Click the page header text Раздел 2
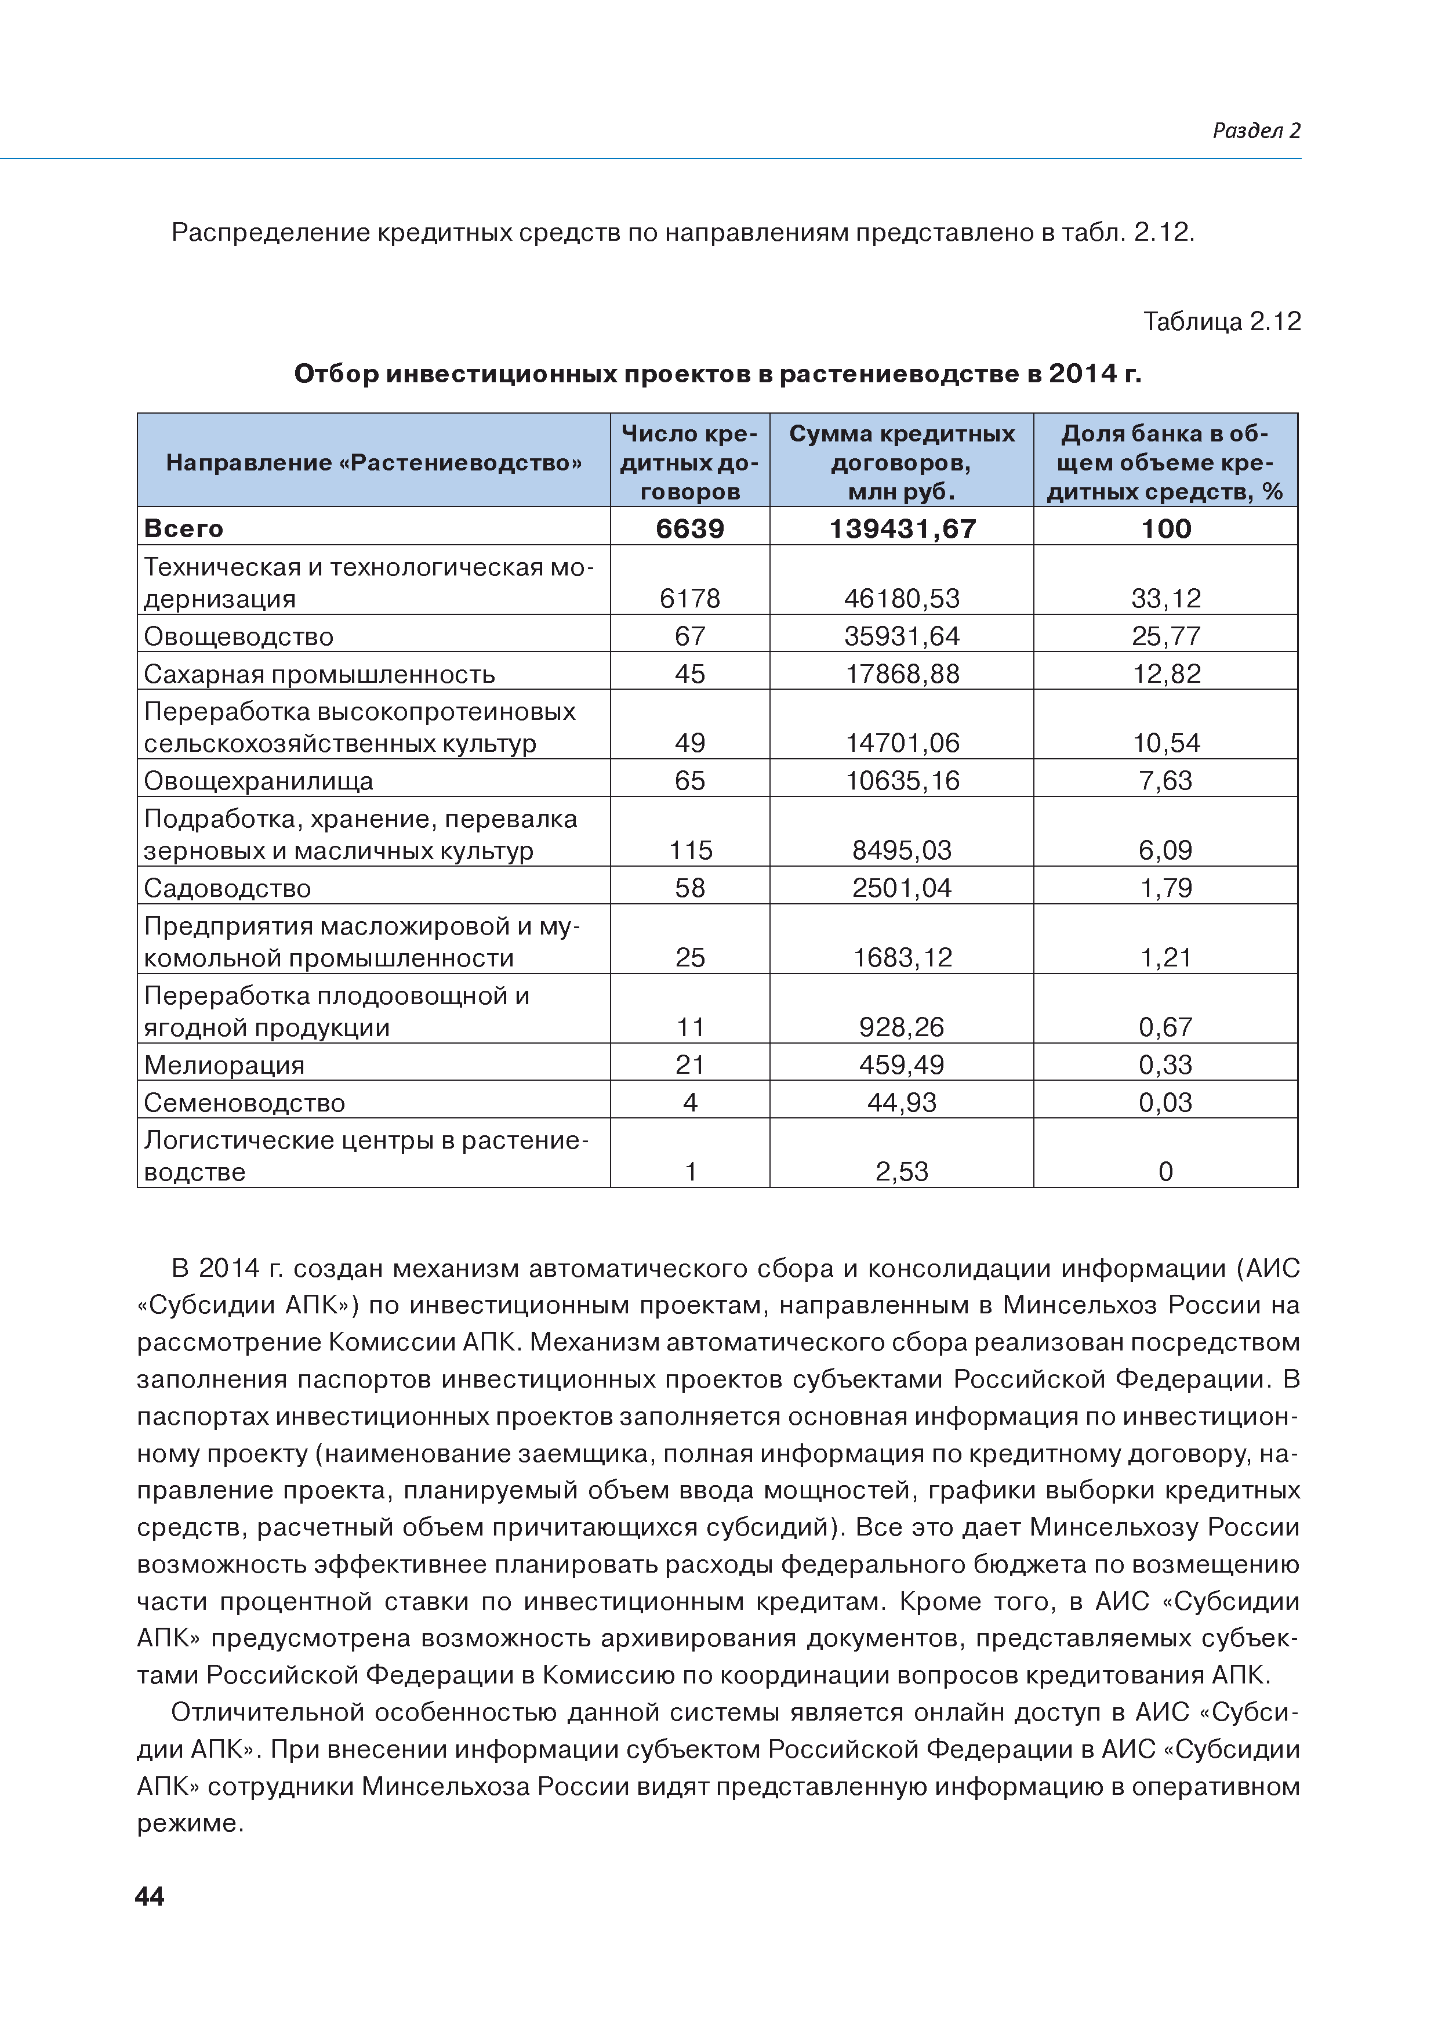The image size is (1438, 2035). pyautogui.click(x=1255, y=131)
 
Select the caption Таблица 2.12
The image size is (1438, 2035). pyautogui.click(x=1221, y=322)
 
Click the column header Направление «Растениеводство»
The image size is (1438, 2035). pyautogui.click(x=373, y=462)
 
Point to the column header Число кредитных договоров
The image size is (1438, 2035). pyautogui.click(x=689, y=462)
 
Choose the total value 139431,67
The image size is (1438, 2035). pyautogui.click(x=902, y=529)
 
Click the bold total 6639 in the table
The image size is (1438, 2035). pyautogui.click(x=689, y=529)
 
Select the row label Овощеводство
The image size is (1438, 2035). pyautogui.click(x=238, y=636)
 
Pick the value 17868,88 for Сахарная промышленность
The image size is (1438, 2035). pyautogui.click(x=902, y=673)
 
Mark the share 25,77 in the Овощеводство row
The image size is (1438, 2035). pyautogui.click(x=1165, y=636)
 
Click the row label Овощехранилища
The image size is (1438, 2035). pyautogui.click(x=258, y=781)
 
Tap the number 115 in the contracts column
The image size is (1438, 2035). pyautogui.click(x=690, y=850)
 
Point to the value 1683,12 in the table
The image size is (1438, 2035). pyautogui.click(x=902, y=957)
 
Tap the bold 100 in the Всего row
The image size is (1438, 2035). pyautogui.click(x=1165, y=529)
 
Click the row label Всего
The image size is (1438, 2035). pyautogui.click(x=183, y=529)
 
